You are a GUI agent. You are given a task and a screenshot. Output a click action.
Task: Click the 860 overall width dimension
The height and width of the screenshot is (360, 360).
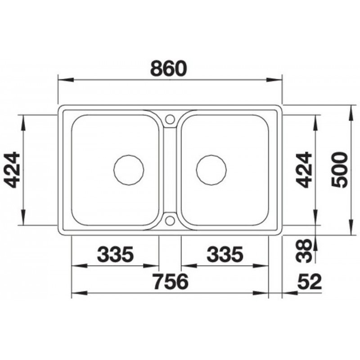pyautogui.click(x=169, y=68)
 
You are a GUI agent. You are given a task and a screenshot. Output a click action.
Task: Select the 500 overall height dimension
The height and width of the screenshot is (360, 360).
pyautogui.click(x=340, y=170)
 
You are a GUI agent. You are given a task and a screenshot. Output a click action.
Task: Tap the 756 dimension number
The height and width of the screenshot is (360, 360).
pyautogui.click(x=171, y=282)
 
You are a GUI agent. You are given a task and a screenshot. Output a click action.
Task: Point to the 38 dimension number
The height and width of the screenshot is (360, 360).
pyautogui.click(x=303, y=251)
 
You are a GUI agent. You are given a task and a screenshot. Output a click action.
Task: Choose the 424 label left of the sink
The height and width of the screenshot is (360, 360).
pyautogui.click(x=12, y=170)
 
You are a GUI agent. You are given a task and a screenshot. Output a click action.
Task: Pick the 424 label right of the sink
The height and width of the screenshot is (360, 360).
pyautogui.click(x=303, y=170)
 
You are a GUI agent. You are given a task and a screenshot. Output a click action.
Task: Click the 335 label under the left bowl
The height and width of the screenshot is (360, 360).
pyautogui.click(x=115, y=254)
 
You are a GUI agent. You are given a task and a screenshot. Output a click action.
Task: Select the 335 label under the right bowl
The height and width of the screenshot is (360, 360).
pyautogui.click(x=225, y=254)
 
